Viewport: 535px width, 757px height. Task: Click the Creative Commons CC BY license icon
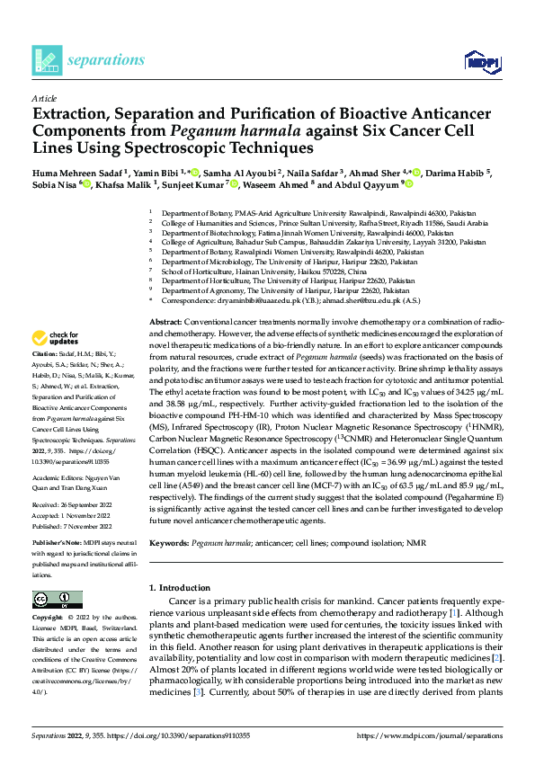51,600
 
